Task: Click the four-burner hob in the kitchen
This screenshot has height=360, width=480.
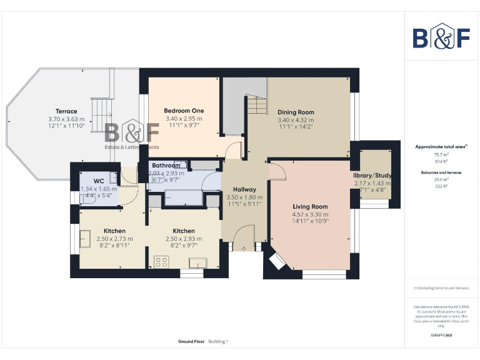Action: pos(161,263)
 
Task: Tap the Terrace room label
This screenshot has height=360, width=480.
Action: pos(66,111)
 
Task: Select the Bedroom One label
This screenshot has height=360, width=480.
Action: pos(184,111)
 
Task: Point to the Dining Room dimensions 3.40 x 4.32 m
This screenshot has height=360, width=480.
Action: pos(296,120)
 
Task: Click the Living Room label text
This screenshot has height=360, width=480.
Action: pos(310,206)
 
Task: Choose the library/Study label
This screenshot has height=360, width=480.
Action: pos(372,176)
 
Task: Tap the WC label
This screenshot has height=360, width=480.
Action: pos(99,181)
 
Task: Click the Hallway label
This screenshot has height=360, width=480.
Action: pos(244,189)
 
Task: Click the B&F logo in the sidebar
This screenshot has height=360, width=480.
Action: pos(441,37)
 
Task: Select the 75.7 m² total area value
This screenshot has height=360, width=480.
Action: pos(441,154)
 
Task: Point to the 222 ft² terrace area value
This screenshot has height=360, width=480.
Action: pos(441,186)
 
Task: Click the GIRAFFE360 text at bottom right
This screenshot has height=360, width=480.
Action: pos(441,336)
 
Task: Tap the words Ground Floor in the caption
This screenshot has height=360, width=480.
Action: pos(191,342)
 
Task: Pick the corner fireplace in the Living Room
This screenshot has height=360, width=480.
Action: pos(274,261)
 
